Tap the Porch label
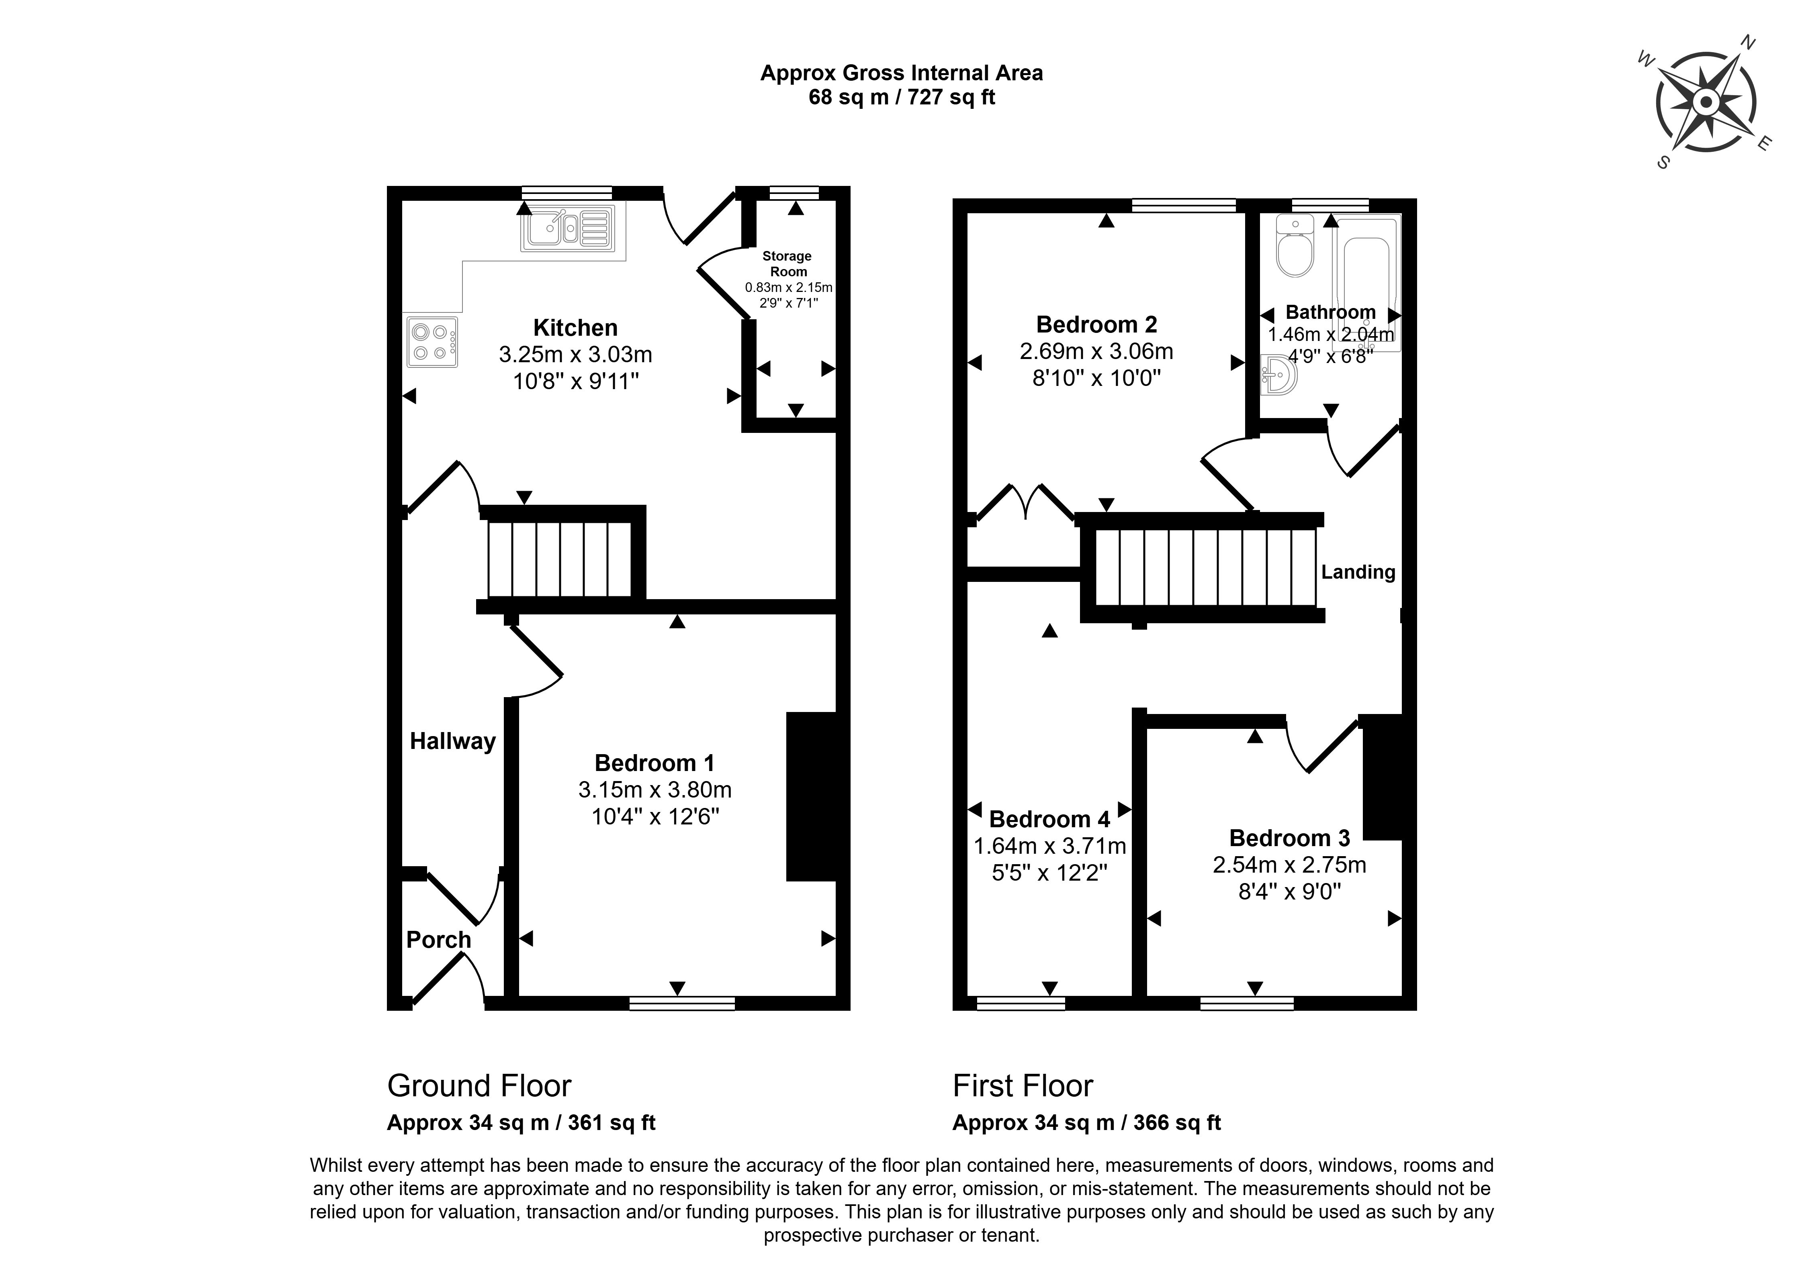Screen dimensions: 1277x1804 coord(438,940)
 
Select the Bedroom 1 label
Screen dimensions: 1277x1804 coord(655,763)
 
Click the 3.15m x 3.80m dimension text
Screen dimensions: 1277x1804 coord(655,789)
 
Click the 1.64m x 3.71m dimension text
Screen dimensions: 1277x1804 coord(1049,846)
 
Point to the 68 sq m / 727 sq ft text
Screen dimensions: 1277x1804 coord(902,98)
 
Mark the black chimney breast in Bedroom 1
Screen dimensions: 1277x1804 coord(810,796)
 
